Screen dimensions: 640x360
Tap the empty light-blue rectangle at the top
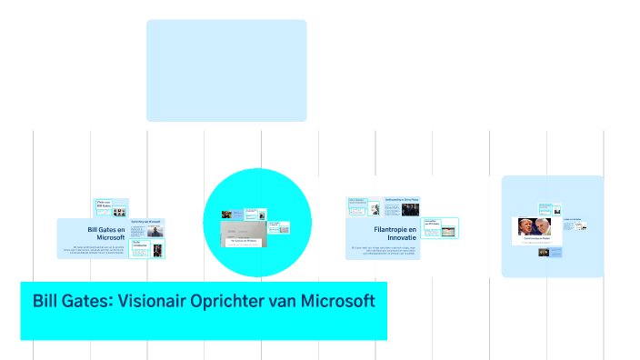pos(226,71)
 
